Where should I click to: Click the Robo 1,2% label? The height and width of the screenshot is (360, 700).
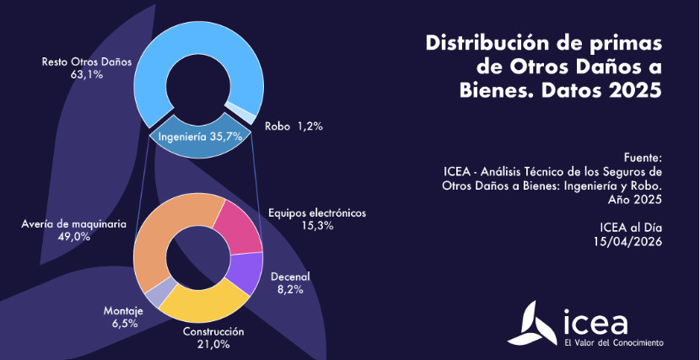pos(293,126)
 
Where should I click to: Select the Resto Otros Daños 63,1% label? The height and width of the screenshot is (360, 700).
pos(73,67)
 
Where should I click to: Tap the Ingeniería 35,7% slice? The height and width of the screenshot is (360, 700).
pos(201,136)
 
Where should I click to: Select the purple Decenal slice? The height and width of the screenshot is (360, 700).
pos(245,272)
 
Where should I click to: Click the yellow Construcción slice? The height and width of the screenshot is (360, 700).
pos(202,304)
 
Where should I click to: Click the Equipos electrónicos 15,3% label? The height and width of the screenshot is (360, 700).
pos(316,219)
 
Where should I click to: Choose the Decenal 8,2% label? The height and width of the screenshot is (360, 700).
pos(290,282)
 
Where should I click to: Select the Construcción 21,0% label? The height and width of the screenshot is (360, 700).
pos(213,337)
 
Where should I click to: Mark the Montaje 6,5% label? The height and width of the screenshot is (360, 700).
pos(123,317)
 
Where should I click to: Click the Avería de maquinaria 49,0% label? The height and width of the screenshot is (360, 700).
pos(74,230)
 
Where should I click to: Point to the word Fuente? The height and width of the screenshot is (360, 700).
pos(643,158)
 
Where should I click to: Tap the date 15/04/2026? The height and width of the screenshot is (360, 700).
pos(627,241)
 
